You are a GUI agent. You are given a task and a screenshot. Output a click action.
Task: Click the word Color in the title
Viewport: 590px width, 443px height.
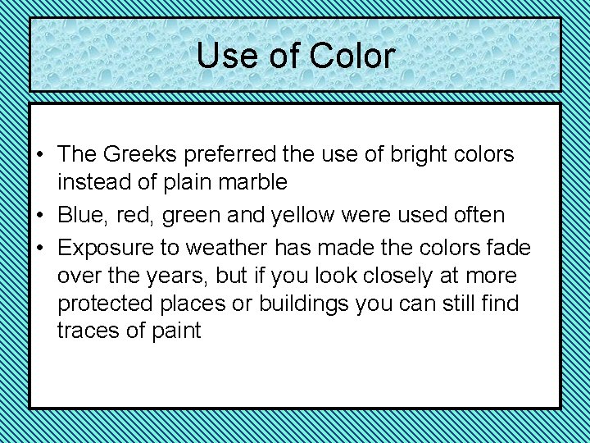[x=352, y=56]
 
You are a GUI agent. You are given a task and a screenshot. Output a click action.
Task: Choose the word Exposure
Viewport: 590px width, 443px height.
[x=108, y=248]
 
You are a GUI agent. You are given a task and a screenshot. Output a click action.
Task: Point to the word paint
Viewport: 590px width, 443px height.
[x=175, y=331]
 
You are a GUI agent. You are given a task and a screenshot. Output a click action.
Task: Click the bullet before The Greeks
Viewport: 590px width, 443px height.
[x=39, y=155]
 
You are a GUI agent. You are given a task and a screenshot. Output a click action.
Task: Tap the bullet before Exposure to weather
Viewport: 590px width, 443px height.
[x=39, y=249]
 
